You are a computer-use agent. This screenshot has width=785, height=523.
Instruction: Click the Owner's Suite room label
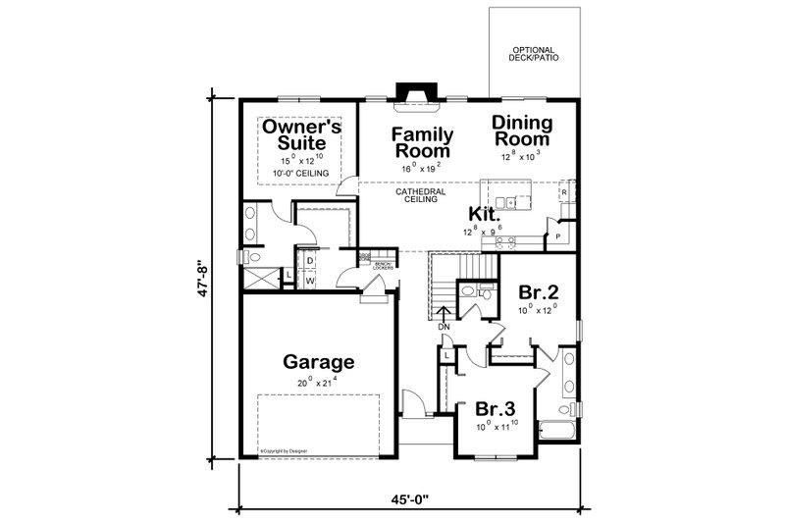click(x=301, y=136)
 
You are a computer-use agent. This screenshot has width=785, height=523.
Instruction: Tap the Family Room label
click(x=423, y=142)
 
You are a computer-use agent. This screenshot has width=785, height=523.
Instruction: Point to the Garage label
click(x=319, y=361)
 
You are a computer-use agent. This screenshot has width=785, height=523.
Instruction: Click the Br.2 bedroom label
click(x=538, y=292)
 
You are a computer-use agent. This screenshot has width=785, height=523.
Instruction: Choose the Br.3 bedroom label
click(x=495, y=409)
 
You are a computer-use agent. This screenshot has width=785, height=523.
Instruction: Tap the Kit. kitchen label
click(x=485, y=215)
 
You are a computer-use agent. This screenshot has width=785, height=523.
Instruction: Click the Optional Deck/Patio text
click(x=534, y=55)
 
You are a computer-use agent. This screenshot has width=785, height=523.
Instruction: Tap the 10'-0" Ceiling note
click(x=301, y=174)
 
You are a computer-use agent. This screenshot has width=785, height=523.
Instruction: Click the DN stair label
click(x=444, y=326)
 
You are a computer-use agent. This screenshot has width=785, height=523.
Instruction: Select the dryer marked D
click(x=310, y=260)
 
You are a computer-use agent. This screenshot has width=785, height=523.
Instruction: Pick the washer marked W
click(x=310, y=281)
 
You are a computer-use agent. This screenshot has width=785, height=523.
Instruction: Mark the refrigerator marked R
click(x=564, y=192)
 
